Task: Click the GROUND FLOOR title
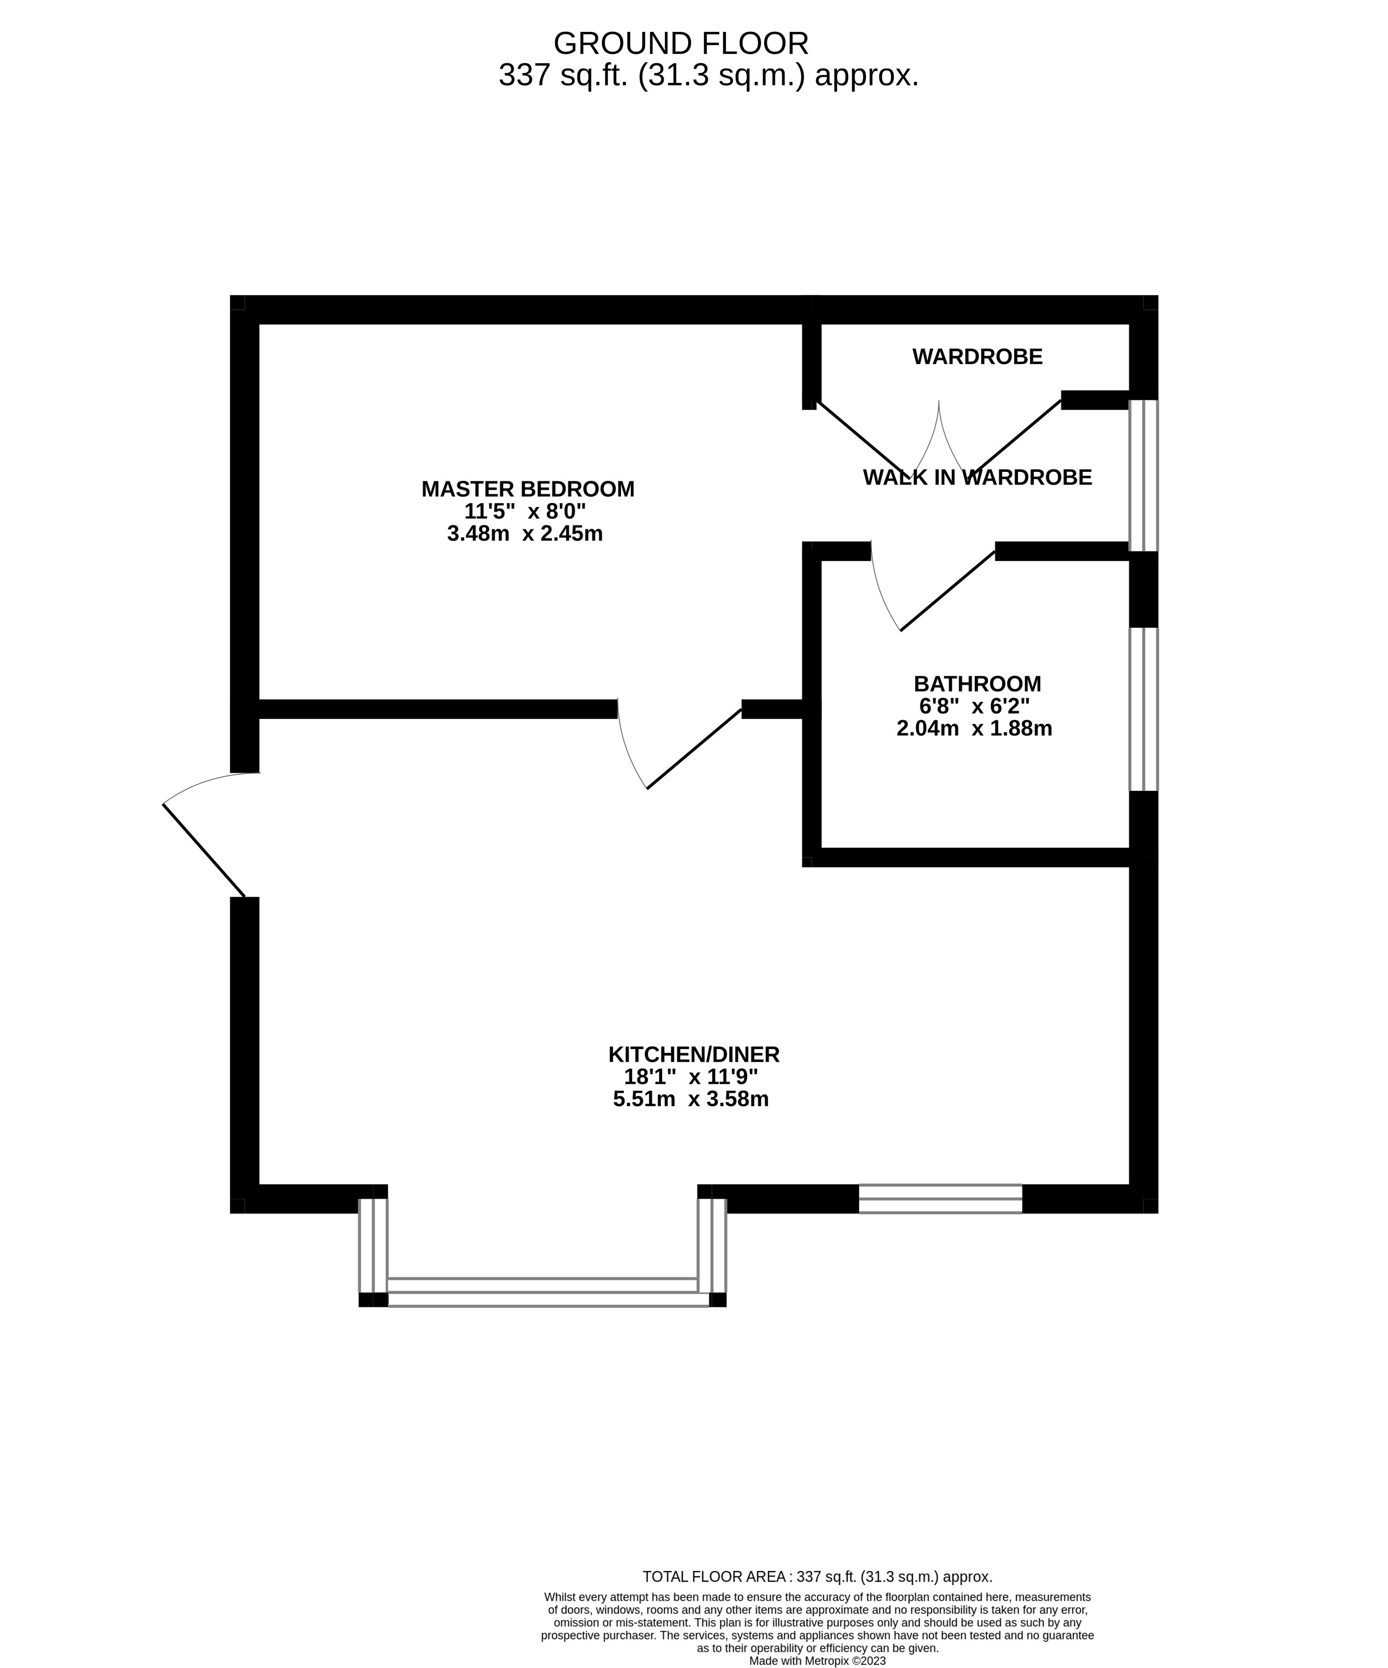(x=680, y=43)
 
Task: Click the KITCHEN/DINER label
(x=694, y=1055)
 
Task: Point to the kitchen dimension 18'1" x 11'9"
(x=691, y=1077)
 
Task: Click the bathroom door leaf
(x=947, y=591)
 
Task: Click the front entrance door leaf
(x=203, y=850)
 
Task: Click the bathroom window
(x=1143, y=710)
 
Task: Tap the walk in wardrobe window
(x=1143, y=475)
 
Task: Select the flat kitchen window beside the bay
(x=940, y=1199)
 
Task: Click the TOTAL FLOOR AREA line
(x=817, y=1577)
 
